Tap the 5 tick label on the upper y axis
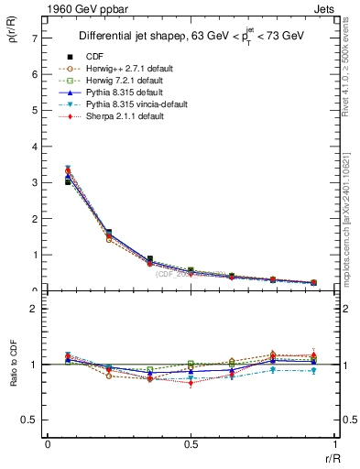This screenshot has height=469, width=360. click(33, 110)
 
